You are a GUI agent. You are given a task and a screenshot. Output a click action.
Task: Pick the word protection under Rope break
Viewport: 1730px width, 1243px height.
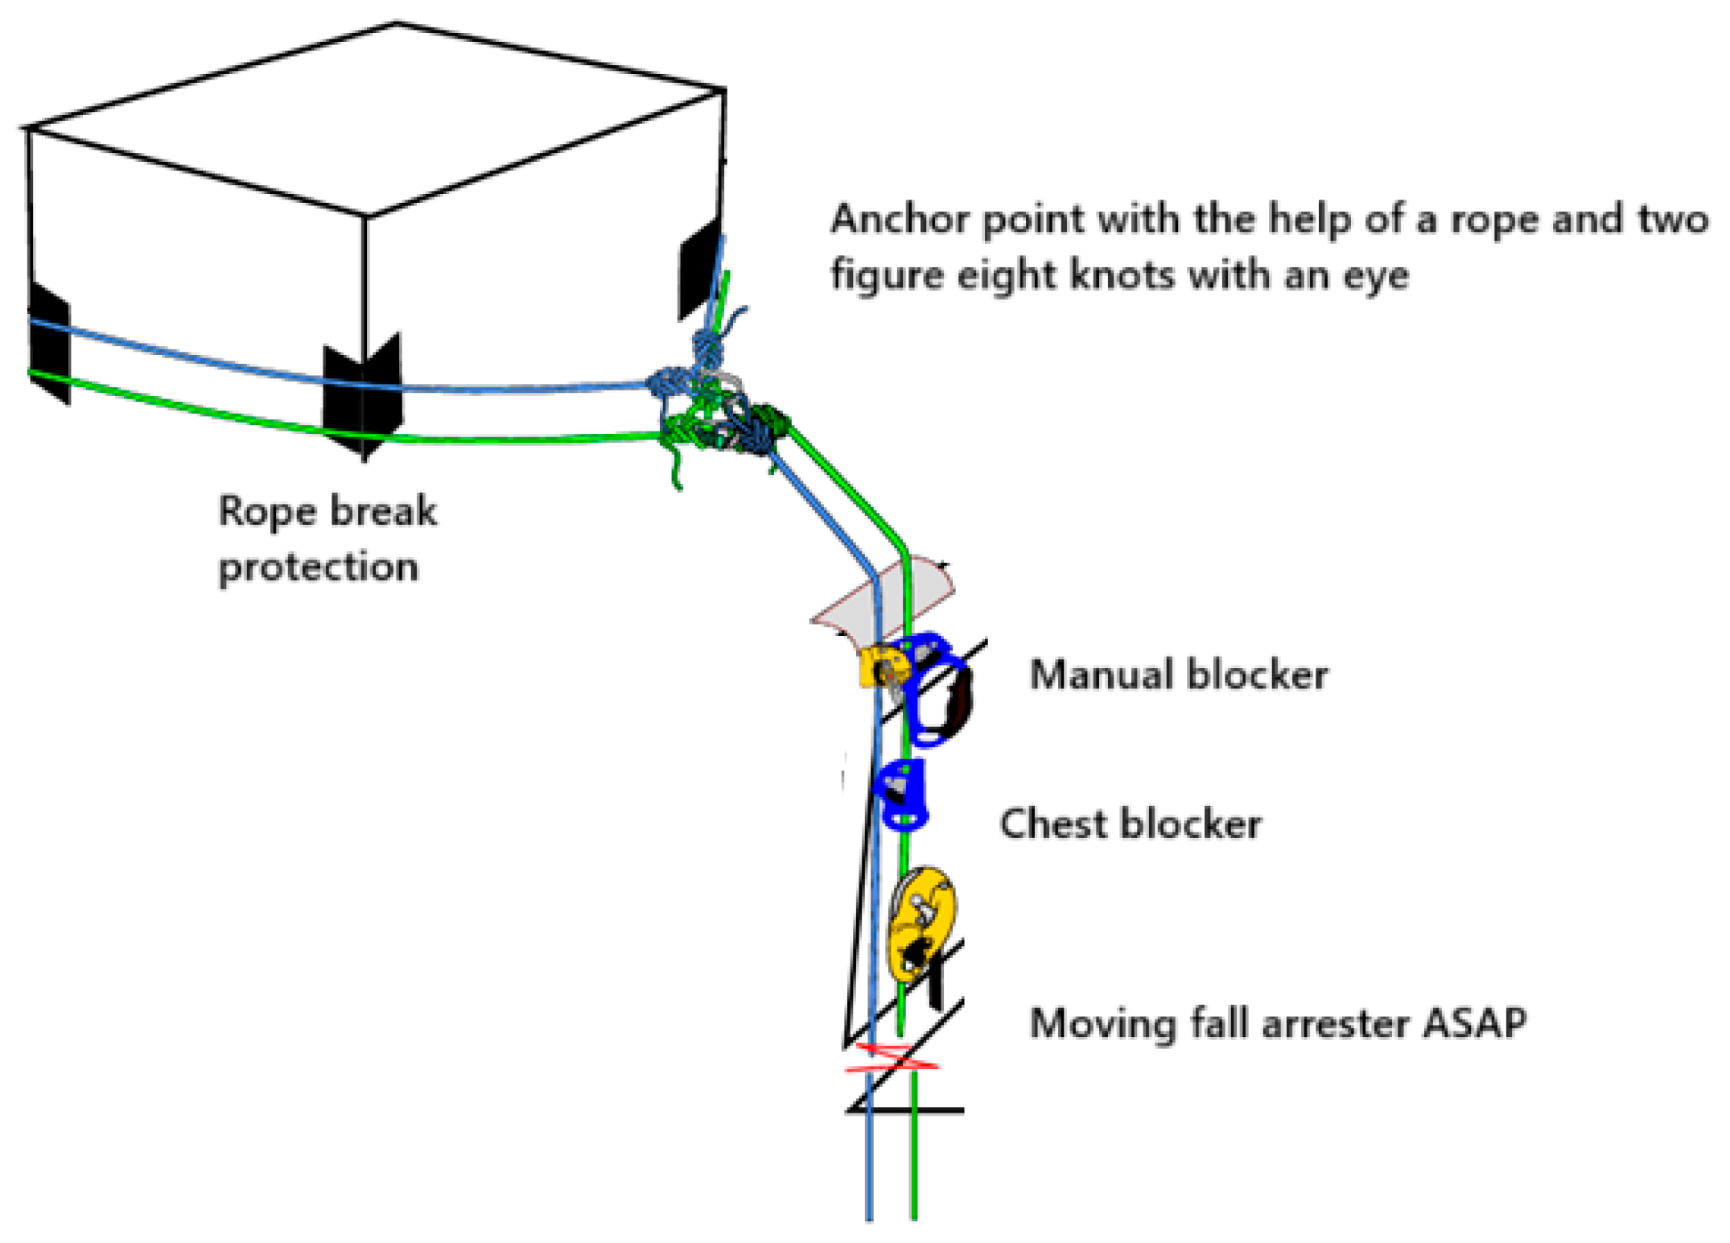pyautogui.click(x=319, y=568)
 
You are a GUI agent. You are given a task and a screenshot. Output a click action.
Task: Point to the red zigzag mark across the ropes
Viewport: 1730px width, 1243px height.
pyautogui.click(x=892, y=1058)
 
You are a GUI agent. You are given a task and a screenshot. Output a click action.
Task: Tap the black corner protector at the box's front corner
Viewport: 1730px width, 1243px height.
pyautogui.click(x=363, y=394)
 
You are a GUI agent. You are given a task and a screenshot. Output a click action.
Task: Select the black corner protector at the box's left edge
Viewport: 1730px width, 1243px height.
pyautogui.click(x=48, y=343)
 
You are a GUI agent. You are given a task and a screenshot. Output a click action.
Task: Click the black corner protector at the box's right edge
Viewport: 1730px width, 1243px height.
pyautogui.click(x=699, y=269)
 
